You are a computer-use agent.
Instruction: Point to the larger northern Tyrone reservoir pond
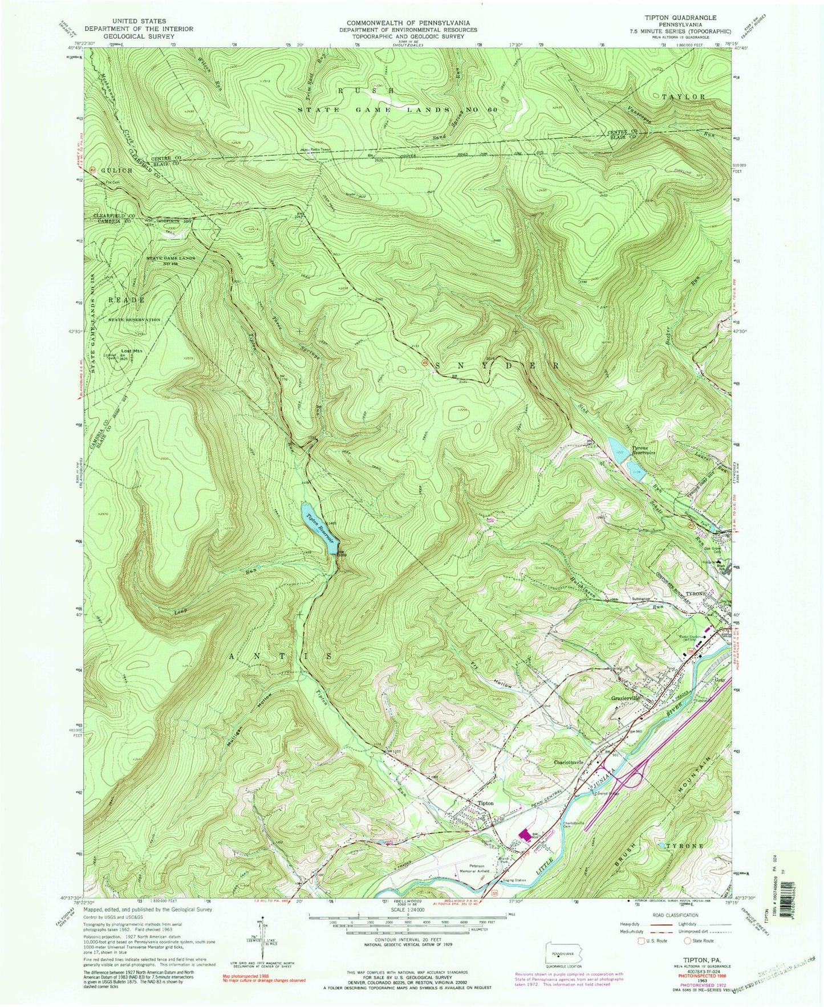[616, 447]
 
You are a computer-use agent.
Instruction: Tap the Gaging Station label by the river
[513, 880]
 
